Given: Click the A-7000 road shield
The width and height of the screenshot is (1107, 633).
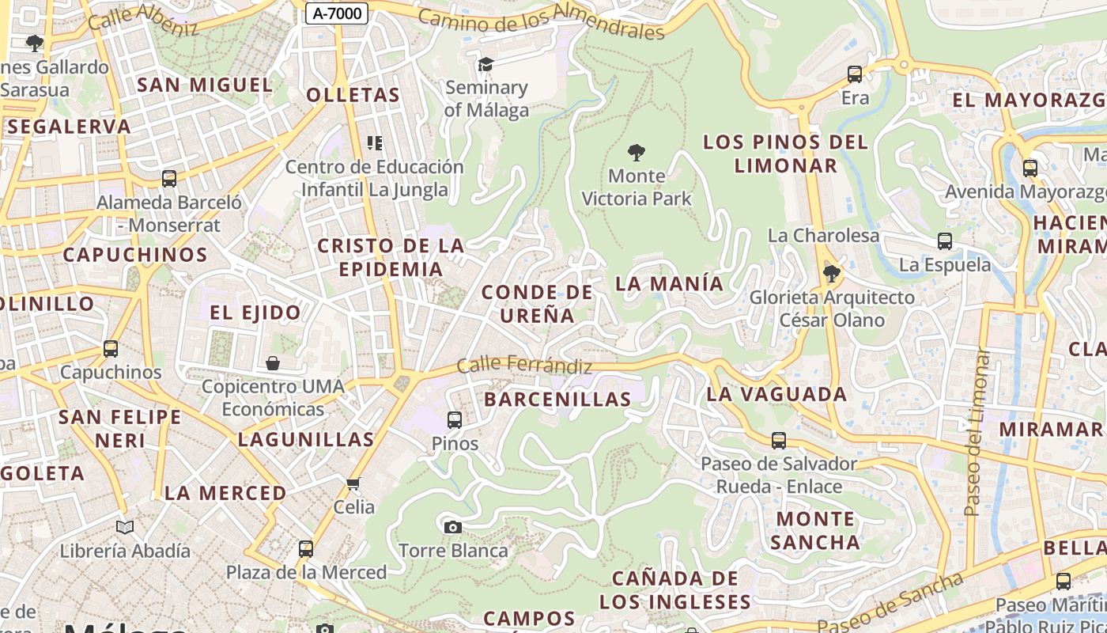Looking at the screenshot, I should (337, 13).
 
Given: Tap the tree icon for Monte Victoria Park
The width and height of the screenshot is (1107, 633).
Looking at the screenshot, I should (636, 152).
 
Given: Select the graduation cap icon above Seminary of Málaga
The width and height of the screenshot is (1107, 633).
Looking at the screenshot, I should (485, 64).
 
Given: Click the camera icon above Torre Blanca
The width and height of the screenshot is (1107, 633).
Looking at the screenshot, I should (452, 527).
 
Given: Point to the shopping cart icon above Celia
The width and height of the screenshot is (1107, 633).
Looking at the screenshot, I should (353, 483).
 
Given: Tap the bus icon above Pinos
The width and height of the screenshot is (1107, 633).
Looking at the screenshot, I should (455, 420).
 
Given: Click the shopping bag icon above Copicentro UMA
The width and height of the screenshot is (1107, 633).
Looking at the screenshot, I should (273, 363).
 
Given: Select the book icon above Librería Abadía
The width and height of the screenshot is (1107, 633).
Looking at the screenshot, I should (125, 527).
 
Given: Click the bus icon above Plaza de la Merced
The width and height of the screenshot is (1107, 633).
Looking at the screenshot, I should (306, 548).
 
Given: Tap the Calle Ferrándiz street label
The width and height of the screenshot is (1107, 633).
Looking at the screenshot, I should (524, 366).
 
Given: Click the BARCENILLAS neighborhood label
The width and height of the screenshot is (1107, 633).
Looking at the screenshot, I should (557, 400).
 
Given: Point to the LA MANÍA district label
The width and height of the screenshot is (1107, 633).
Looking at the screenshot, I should (669, 283).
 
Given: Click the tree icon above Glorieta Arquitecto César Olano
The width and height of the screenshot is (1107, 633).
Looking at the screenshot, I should (831, 274).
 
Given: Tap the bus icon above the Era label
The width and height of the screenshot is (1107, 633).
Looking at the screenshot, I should (855, 74).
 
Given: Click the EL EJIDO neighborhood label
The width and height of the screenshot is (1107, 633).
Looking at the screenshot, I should (255, 313).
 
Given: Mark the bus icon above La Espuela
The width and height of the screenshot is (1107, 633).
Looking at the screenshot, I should (945, 241).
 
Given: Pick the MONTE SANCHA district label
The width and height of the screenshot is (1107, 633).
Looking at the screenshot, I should (815, 530).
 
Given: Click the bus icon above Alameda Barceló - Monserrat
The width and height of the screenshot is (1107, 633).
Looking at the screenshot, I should (169, 179).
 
